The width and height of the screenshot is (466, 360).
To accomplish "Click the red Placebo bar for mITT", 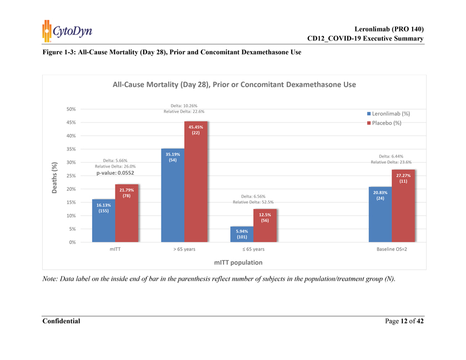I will [127, 213].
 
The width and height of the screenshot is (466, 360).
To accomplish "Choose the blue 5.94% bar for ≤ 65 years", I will [241, 234].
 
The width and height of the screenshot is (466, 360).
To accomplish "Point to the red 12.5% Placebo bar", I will [265, 225].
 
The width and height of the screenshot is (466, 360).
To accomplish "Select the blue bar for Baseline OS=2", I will [380, 214].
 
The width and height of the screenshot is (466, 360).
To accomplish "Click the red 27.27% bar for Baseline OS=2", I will [403, 206].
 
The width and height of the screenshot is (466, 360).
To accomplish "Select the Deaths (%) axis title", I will [54, 178].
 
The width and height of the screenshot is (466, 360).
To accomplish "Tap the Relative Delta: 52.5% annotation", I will [252, 202].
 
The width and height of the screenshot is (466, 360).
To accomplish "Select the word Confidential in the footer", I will [61, 321].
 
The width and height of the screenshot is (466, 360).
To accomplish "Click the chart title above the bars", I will [234, 85].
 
